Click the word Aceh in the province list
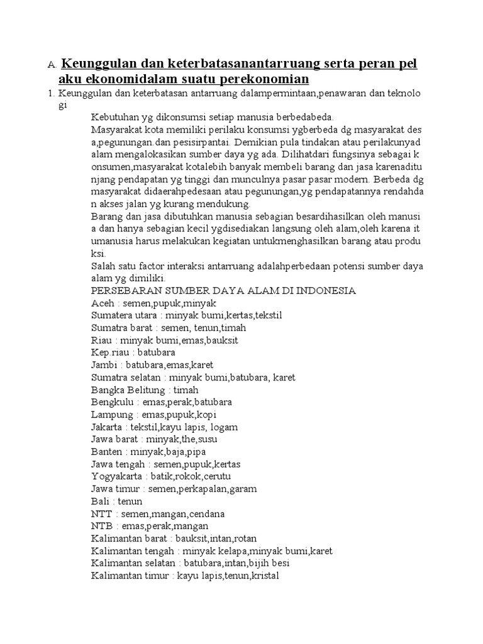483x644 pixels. tap(102, 303)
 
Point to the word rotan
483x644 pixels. tap(243, 538)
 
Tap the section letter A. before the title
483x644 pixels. tap(52, 65)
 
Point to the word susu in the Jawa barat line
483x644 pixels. tap(207, 439)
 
